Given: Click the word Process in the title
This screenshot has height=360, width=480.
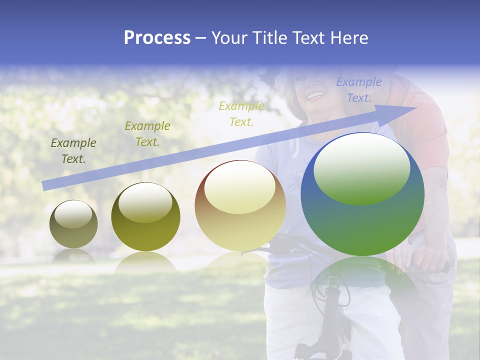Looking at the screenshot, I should (157, 38).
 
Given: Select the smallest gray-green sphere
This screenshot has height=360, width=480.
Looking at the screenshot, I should (73, 224).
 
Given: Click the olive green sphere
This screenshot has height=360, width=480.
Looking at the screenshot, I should (145, 217).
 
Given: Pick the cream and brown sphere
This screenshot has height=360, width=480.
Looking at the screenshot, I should (240, 206).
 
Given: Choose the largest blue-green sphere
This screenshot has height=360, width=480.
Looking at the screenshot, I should (362, 195).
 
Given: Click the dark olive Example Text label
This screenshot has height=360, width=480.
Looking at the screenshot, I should (73, 151).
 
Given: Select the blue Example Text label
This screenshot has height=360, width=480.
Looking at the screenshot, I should (359, 90).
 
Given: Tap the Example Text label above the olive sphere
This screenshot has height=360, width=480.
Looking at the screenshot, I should (147, 134).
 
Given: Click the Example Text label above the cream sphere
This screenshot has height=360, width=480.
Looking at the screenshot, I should (241, 114).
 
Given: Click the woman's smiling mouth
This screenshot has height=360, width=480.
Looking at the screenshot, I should (315, 94).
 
